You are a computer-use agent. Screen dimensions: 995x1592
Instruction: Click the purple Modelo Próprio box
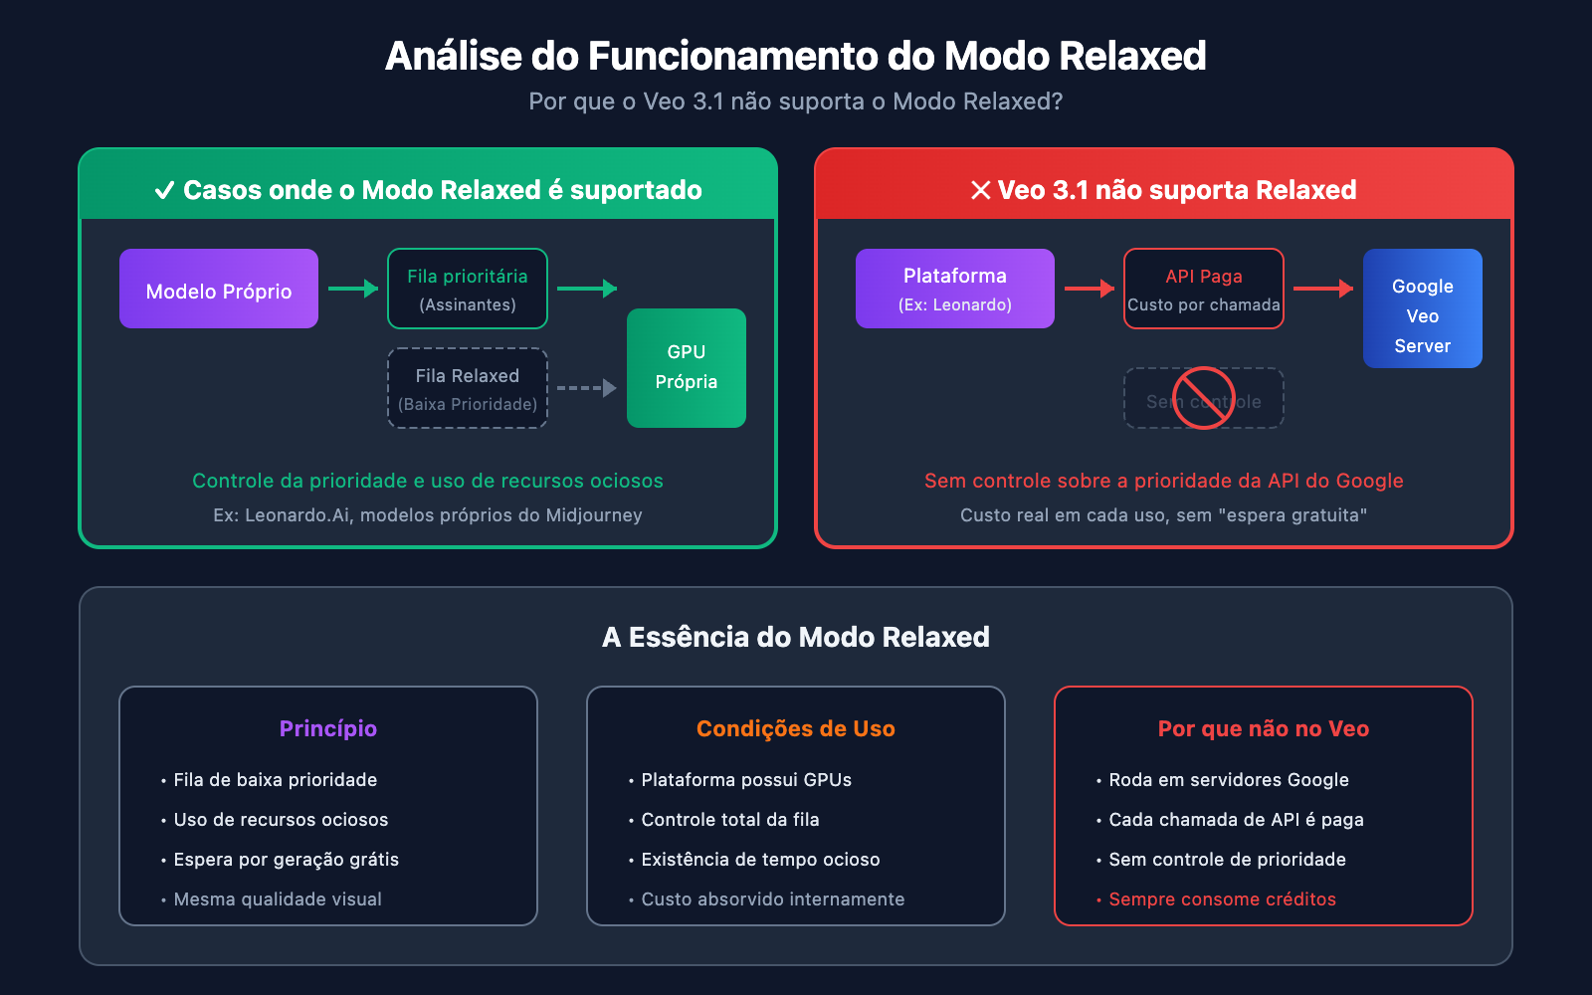(219, 289)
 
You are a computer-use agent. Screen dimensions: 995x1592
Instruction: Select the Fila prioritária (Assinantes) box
(468, 289)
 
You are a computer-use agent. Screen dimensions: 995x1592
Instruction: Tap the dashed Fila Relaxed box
(468, 388)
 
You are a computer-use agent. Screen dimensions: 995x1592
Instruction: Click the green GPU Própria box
(687, 367)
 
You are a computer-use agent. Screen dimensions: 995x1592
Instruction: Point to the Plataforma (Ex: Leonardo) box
(955, 289)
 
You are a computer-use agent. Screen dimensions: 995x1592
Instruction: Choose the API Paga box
(1204, 289)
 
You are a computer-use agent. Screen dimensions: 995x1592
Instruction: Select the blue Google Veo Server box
(1423, 308)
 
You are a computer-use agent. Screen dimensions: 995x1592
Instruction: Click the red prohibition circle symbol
(1204, 398)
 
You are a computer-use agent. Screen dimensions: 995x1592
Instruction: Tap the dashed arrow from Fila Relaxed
(587, 388)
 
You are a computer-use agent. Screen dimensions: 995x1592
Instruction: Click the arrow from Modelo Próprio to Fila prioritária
(353, 289)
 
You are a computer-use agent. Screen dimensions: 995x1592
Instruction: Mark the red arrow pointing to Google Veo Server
(1323, 289)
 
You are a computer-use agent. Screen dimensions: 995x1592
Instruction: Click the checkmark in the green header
(165, 190)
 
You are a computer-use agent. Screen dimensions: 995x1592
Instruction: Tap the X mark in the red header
(981, 190)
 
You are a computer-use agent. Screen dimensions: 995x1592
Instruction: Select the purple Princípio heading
(328, 728)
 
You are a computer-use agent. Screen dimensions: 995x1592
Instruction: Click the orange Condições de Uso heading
(796, 728)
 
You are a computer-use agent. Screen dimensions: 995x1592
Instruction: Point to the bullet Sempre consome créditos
(1222, 899)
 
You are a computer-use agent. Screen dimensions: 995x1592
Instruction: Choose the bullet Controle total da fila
(729, 820)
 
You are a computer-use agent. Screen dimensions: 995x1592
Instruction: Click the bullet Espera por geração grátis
(286, 860)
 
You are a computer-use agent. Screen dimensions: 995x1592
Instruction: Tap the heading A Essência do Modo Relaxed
(796, 637)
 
